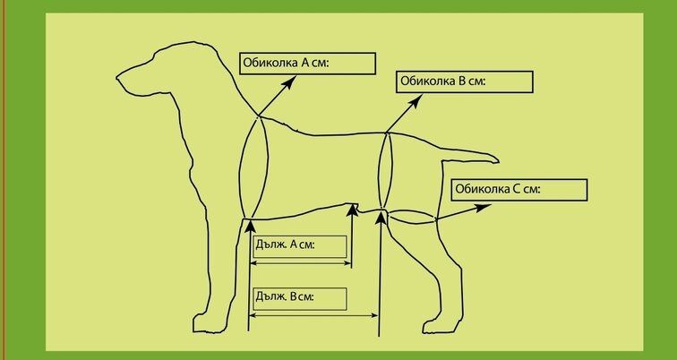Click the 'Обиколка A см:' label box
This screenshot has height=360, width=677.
[307, 64]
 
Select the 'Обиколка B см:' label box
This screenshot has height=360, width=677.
[465, 81]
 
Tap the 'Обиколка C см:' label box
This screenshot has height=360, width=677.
[519, 190]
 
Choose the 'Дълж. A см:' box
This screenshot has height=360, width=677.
[300, 246]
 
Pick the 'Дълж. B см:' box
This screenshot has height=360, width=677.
[300, 299]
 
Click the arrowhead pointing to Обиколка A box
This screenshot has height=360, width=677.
[290, 81]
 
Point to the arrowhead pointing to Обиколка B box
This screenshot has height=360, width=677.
[415, 101]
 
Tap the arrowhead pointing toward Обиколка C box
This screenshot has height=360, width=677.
[484, 208]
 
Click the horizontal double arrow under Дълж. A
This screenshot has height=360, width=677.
[301, 263]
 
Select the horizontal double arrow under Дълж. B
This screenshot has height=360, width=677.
[314, 315]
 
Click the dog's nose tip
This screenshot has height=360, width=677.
[117, 78]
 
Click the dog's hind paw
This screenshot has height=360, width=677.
[436, 326]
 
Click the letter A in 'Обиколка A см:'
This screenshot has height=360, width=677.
[304, 62]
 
